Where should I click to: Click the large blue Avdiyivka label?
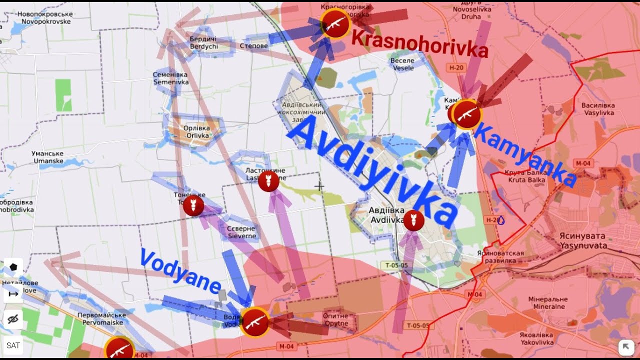pos(372,170)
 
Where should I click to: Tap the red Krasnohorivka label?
pos(419,44)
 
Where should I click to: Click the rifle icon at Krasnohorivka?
pos(335,23)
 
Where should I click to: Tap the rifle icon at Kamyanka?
pos(467,114)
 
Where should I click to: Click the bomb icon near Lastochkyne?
pos(268,181)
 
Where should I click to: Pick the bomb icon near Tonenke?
pos(193,205)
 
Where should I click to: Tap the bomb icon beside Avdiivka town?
pos(413,220)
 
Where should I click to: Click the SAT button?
pos(13,345)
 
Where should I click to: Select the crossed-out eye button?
pos(13,319)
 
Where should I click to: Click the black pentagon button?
pos(13,267)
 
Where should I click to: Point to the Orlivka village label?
pos(197,131)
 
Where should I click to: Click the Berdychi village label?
pos(203,43)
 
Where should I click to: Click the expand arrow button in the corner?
pos(626,346)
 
